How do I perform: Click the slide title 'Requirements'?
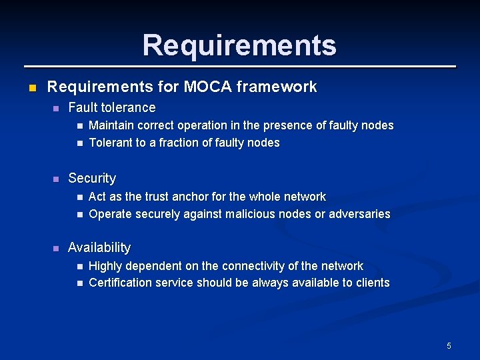point(239,45)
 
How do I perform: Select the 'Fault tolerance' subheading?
point(112,107)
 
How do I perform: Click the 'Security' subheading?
point(92,178)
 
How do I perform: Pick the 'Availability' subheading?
point(99,247)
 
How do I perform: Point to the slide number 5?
point(449,345)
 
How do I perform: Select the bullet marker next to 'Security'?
point(55,179)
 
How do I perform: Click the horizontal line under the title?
point(240,67)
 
